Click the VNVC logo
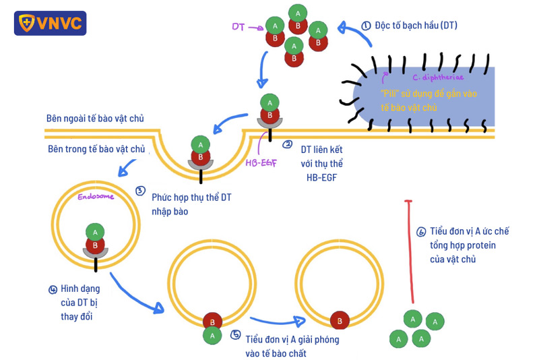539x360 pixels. (x=50, y=22)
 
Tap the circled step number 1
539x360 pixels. (x=366, y=26)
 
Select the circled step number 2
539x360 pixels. (x=288, y=144)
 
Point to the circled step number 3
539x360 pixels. (x=140, y=191)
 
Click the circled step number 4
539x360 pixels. (x=53, y=289)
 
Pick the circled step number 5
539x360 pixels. (x=234, y=334)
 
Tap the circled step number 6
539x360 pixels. (x=421, y=231)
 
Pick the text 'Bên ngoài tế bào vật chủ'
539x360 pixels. (x=95, y=119)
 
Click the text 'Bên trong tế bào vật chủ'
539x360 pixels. (x=96, y=148)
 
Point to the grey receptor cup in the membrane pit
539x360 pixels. (x=200, y=163)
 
